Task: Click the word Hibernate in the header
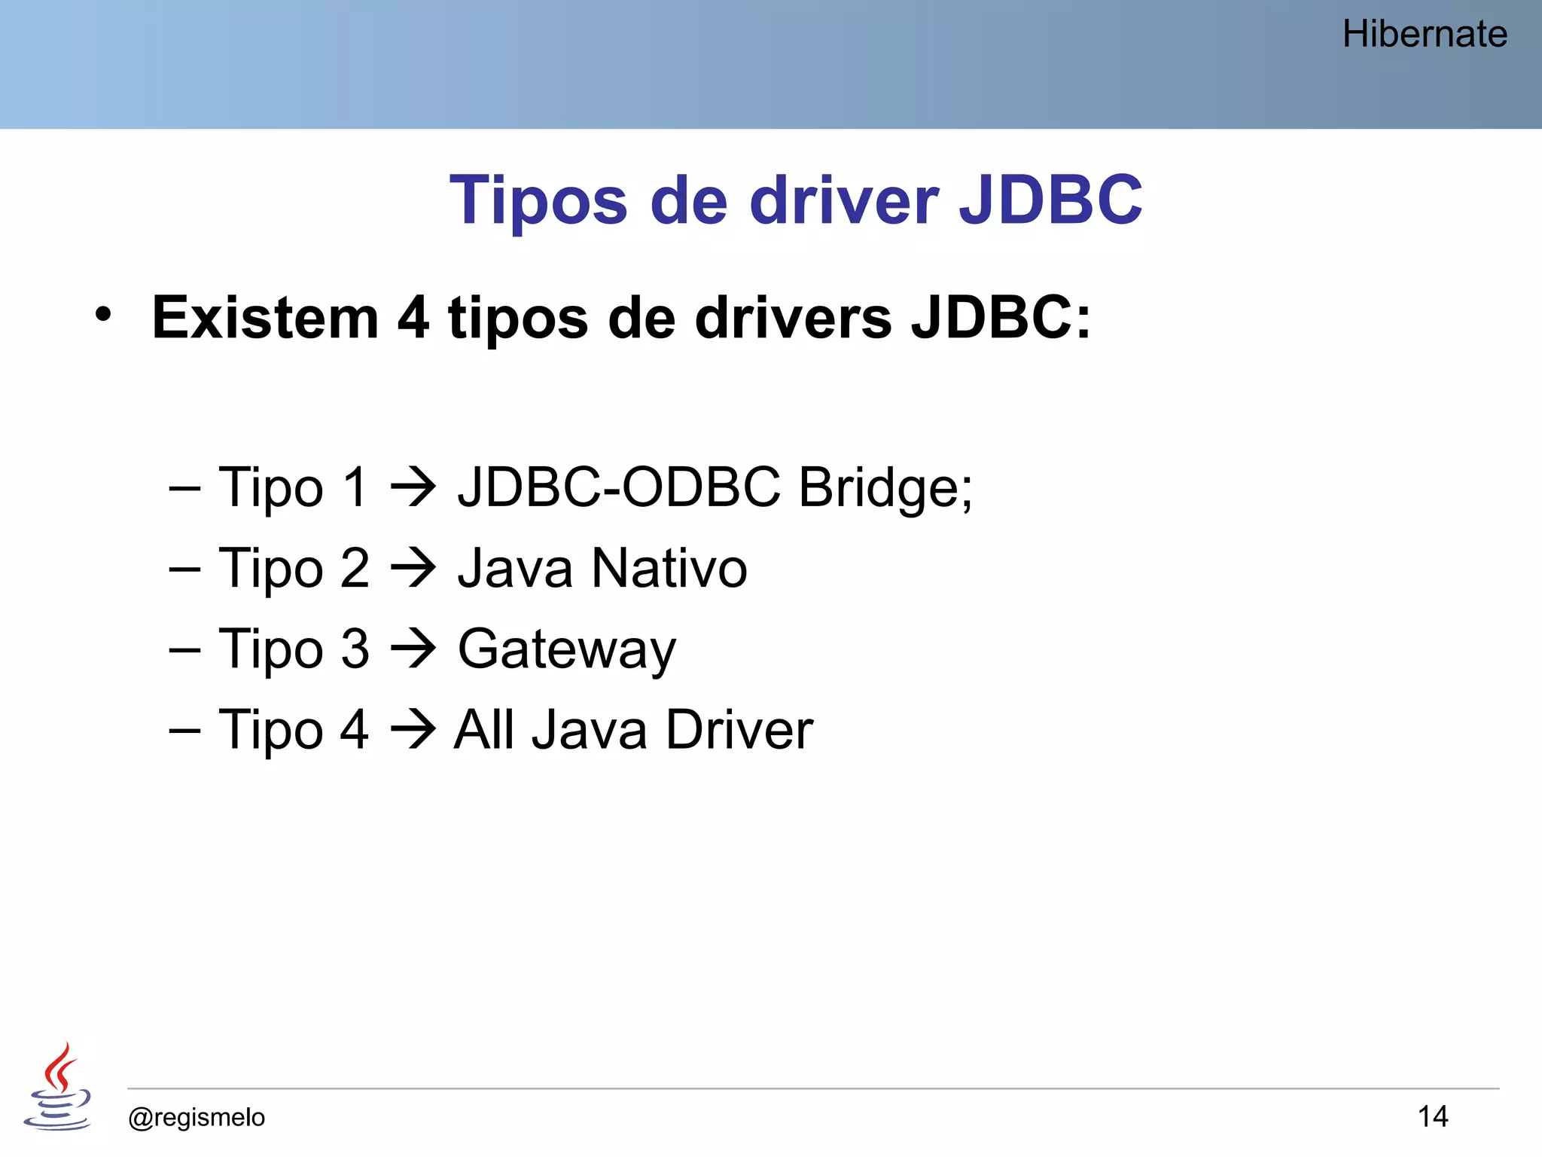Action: pyautogui.click(x=1425, y=34)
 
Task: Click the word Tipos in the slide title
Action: pyautogui.click(x=538, y=200)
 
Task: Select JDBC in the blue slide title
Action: pyautogui.click(x=1050, y=200)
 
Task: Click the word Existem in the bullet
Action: pyautogui.click(x=265, y=318)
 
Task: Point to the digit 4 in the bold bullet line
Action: pyautogui.click(x=413, y=318)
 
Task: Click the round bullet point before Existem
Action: pyautogui.click(x=103, y=315)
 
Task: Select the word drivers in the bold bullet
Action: pyautogui.click(x=794, y=318)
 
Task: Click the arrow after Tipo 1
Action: pyautogui.click(x=413, y=487)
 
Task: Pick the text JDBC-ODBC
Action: pyautogui.click(x=619, y=487)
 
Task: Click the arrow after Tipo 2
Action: pyautogui.click(x=413, y=569)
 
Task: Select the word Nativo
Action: pyautogui.click(x=669, y=569)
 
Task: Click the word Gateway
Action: pyautogui.click(x=567, y=649)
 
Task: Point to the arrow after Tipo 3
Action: pyautogui.click(x=413, y=649)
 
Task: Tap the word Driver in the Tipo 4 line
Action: pyautogui.click(x=739, y=730)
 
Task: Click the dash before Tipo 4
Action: pyautogui.click(x=184, y=730)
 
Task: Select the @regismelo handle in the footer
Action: pyautogui.click(x=197, y=1117)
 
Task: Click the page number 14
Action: pyautogui.click(x=1432, y=1116)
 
